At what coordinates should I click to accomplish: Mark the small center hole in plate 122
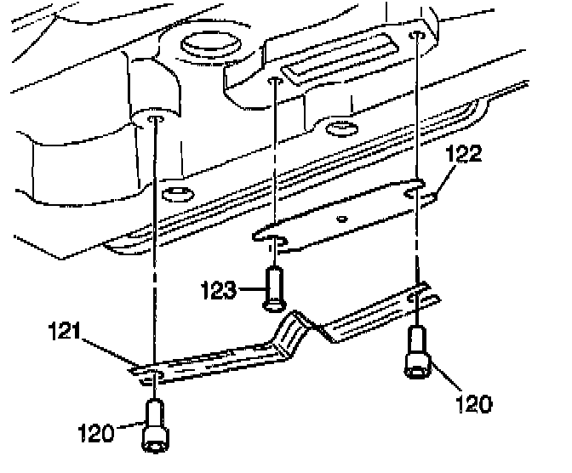coord(341,219)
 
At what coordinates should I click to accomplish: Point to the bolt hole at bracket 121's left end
coord(151,374)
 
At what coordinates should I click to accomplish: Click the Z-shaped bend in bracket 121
coord(302,328)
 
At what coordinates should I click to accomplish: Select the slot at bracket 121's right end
coord(419,299)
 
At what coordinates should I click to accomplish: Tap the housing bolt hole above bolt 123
coord(274,83)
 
